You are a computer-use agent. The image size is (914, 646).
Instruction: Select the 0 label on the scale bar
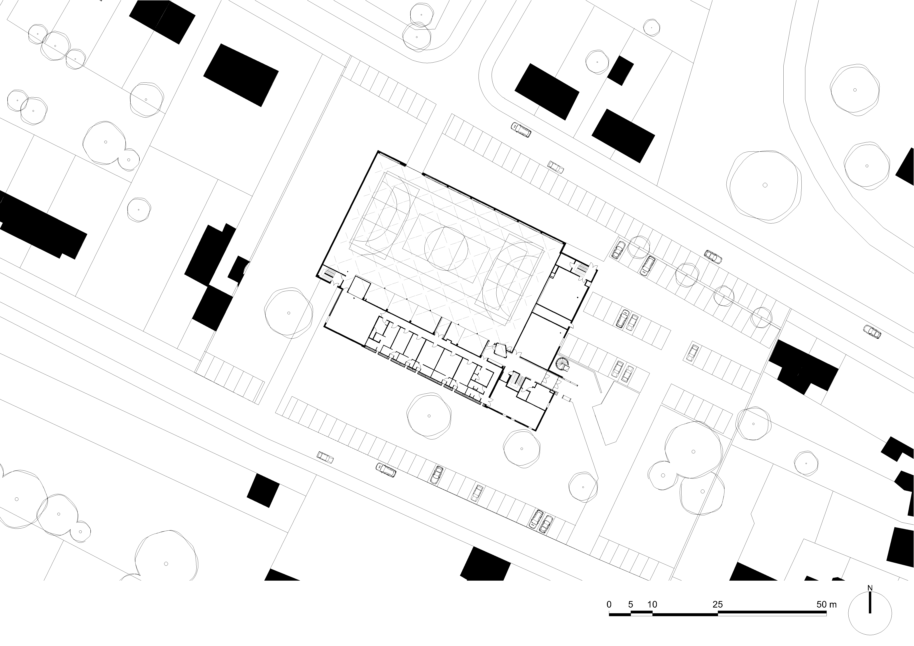(x=609, y=604)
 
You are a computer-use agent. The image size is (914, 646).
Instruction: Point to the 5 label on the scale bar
(x=631, y=604)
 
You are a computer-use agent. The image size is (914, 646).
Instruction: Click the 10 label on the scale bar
(x=652, y=604)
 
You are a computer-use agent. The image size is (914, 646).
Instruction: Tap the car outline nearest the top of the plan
(x=521, y=129)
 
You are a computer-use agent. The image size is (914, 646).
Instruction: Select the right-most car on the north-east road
(x=872, y=331)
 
